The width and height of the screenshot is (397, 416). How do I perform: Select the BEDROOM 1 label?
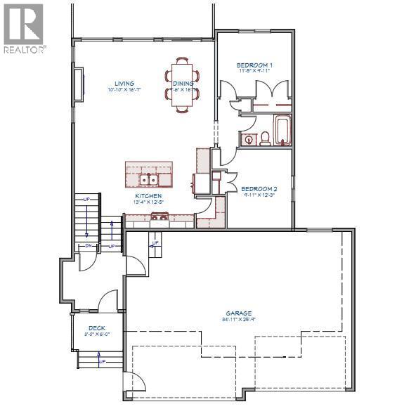[254, 65]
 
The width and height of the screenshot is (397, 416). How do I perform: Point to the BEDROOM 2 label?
[259, 188]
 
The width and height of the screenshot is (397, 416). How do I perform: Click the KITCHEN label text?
[148, 196]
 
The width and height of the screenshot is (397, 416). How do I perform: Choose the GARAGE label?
[239, 313]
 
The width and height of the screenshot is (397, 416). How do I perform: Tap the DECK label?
[96, 328]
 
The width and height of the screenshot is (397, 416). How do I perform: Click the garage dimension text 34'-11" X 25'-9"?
[239, 320]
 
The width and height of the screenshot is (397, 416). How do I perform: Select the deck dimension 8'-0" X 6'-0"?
[96, 334]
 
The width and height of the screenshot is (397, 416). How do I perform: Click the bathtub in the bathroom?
[282, 130]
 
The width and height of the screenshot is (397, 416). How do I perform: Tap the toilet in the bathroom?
[266, 138]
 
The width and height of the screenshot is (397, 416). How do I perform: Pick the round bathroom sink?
[249, 139]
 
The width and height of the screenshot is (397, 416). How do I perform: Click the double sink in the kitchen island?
[148, 178]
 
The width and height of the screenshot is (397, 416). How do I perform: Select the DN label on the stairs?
[89, 246]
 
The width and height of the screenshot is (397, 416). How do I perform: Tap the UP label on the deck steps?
[103, 361]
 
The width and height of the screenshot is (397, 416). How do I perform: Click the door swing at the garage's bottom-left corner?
[139, 383]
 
